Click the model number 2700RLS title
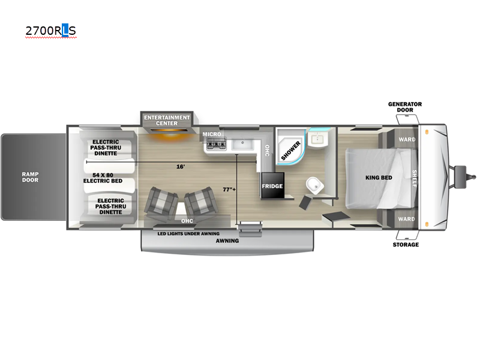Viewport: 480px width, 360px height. point(50,31)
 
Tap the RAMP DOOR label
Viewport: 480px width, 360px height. point(31,177)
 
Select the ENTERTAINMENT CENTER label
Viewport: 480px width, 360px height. point(167,121)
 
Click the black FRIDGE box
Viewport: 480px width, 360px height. point(272,185)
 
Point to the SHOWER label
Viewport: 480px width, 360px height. point(291,151)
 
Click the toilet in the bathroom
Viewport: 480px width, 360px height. point(314,185)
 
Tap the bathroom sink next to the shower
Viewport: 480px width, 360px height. point(317,140)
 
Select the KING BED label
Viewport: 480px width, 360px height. point(379,178)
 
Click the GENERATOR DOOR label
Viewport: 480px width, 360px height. point(405,107)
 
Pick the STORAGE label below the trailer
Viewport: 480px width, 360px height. point(406,245)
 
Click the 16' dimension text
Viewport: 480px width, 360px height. point(181,167)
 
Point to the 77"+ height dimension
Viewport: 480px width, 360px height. point(229,190)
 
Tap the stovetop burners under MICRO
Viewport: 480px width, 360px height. point(217,144)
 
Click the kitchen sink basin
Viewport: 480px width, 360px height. point(242,144)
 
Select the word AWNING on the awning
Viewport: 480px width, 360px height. point(227,241)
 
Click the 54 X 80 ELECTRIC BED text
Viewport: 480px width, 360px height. point(103,178)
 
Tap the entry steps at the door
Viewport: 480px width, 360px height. point(250,229)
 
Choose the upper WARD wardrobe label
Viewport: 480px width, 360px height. point(407,139)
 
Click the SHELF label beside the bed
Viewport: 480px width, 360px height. point(414,178)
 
